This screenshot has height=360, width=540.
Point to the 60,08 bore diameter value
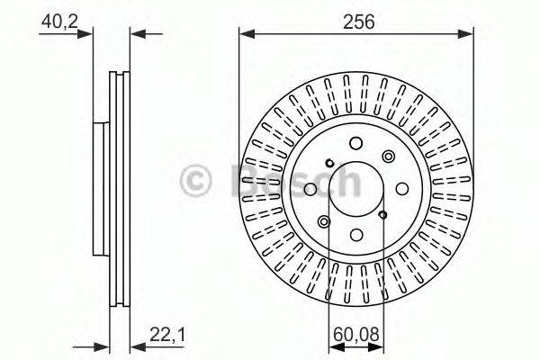coord(355,336)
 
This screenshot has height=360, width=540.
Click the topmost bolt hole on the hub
coord(355,141)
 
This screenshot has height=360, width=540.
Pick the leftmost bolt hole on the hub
coord(310,187)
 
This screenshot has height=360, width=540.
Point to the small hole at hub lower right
coord(383,214)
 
